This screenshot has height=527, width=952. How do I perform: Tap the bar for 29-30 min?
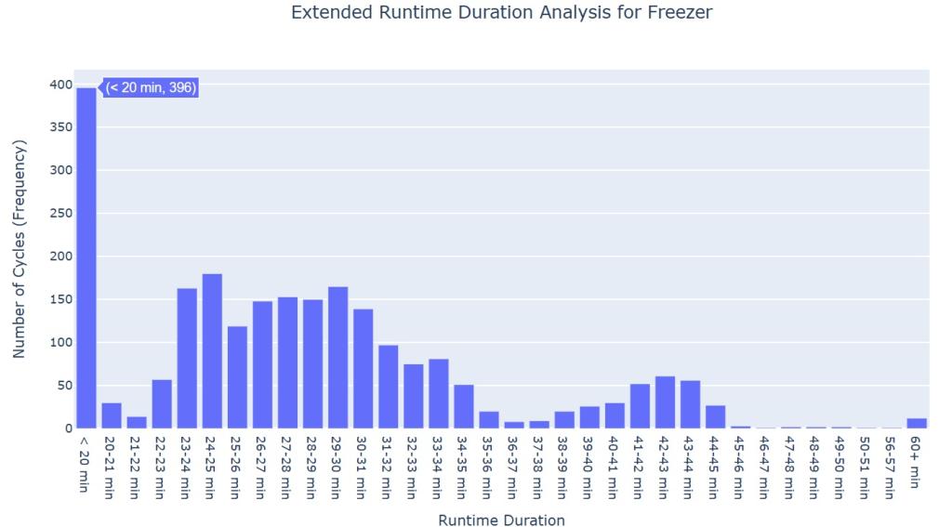[337, 358]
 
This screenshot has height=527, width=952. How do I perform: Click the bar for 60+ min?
[917, 423]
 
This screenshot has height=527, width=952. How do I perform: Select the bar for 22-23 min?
[162, 404]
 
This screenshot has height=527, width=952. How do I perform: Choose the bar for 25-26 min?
[237, 377]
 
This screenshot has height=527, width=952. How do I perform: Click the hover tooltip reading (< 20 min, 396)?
[151, 87]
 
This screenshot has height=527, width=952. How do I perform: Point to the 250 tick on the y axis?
[60, 213]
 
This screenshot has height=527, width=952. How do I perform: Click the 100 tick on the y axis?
[60, 342]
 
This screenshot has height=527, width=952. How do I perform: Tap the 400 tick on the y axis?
[60, 85]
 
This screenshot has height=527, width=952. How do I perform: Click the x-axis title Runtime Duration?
[501, 520]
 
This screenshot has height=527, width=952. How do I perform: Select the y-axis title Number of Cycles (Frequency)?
[20, 249]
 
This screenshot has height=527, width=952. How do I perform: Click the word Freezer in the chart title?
[686, 13]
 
